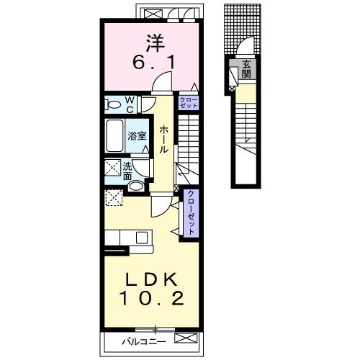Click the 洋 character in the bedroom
[156, 43]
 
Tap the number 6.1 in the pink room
[153, 63]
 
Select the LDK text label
[152, 279]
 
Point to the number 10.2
[152, 298]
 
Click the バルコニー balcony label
[144, 341]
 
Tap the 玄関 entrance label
[246, 70]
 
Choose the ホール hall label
[163, 140]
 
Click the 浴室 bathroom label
[137, 136]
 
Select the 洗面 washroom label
[127, 171]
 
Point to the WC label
[130, 104]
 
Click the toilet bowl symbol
[113, 104]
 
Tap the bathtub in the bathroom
[115, 136]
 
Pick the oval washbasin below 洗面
[135, 186]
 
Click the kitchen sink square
[142, 238]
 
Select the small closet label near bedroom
[189, 102]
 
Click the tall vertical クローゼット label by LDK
[191, 213]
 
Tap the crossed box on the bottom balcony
[186, 338]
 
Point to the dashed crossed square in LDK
[114, 197]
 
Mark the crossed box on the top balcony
[150, 14]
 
